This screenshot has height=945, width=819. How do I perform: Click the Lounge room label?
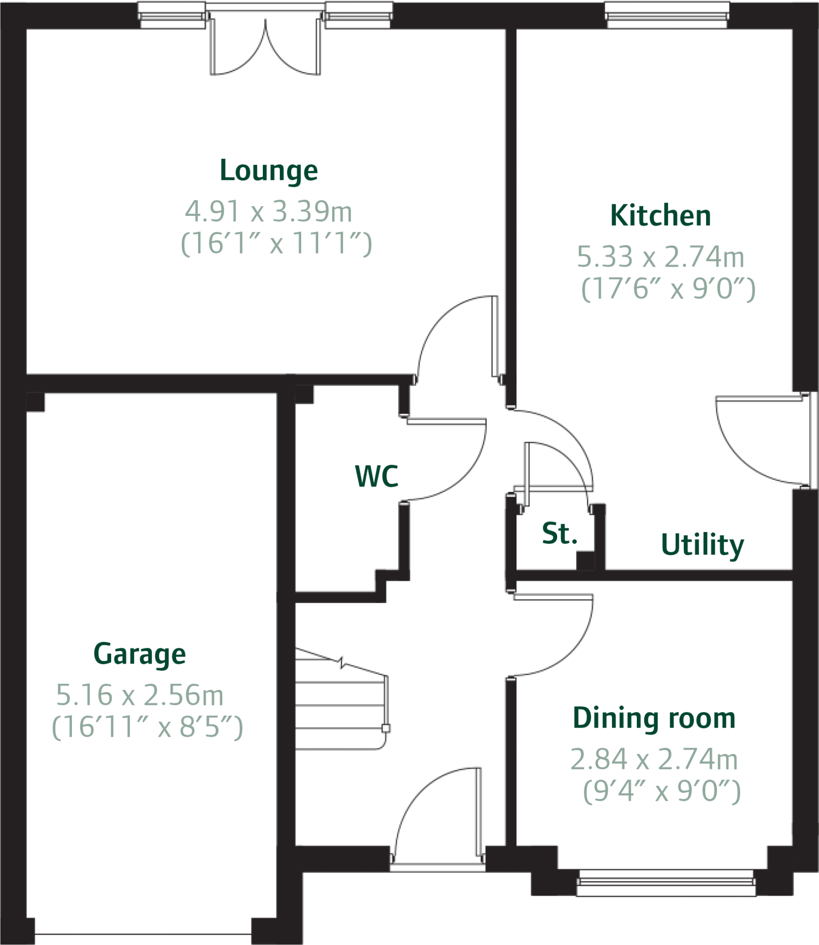(269, 171)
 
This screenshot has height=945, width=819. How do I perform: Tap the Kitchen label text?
(660, 215)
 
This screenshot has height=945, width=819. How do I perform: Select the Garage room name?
(139, 654)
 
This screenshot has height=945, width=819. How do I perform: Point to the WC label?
(376, 476)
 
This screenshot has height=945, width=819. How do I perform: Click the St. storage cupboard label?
(559, 533)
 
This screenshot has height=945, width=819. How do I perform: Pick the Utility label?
(702, 545)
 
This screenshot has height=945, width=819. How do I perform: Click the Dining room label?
(654, 718)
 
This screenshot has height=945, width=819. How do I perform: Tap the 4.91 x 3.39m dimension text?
(269, 211)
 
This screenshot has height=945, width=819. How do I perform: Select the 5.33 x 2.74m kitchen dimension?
(660, 257)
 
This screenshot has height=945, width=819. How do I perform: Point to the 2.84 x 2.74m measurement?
(654, 759)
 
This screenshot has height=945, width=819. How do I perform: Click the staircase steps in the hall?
(340, 706)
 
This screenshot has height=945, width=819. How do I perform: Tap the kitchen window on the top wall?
(667, 15)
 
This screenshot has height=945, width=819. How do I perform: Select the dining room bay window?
(666, 882)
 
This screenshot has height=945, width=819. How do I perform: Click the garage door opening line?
(143, 935)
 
